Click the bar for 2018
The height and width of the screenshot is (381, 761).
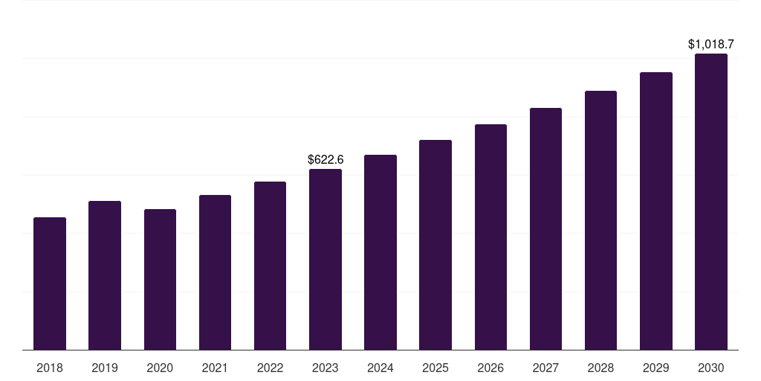click(50, 284)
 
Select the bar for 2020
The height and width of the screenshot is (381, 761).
click(160, 279)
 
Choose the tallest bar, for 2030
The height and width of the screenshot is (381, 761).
click(711, 202)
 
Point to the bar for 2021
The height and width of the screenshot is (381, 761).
click(215, 272)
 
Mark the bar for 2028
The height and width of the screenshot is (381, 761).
click(600, 220)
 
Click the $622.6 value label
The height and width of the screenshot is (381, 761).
click(326, 159)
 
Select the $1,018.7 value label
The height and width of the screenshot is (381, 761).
click(711, 45)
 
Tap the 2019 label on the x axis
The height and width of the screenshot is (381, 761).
click(105, 368)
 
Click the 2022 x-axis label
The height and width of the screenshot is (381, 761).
click(270, 368)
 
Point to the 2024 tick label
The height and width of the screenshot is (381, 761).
click(380, 368)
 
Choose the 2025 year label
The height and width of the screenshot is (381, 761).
click(435, 368)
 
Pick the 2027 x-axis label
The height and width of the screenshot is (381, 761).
click(545, 368)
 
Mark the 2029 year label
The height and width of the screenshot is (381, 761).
click(656, 368)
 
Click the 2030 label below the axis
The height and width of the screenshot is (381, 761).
click(711, 368)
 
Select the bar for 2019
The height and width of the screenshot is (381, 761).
click(105, 275)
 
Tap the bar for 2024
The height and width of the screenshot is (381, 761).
click(380, 252)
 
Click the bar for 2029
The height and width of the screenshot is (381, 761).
click(656, 211)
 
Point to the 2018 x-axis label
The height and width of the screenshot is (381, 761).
click(50, 368)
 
